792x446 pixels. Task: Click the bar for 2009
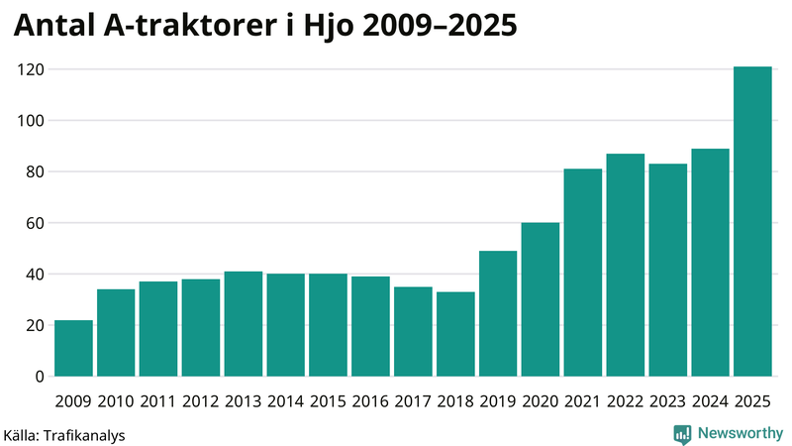click(74, 348)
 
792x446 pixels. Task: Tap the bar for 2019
click(498, 313)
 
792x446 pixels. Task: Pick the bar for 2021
click(583, 273)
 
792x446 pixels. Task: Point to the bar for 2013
click(244, 324)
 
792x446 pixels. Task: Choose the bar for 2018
click(455, 334)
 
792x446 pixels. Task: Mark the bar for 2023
click(668, 270)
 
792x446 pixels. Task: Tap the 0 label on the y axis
click(40, 377)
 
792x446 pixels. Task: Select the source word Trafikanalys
click(91, 434)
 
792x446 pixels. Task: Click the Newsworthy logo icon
click(682, 433)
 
